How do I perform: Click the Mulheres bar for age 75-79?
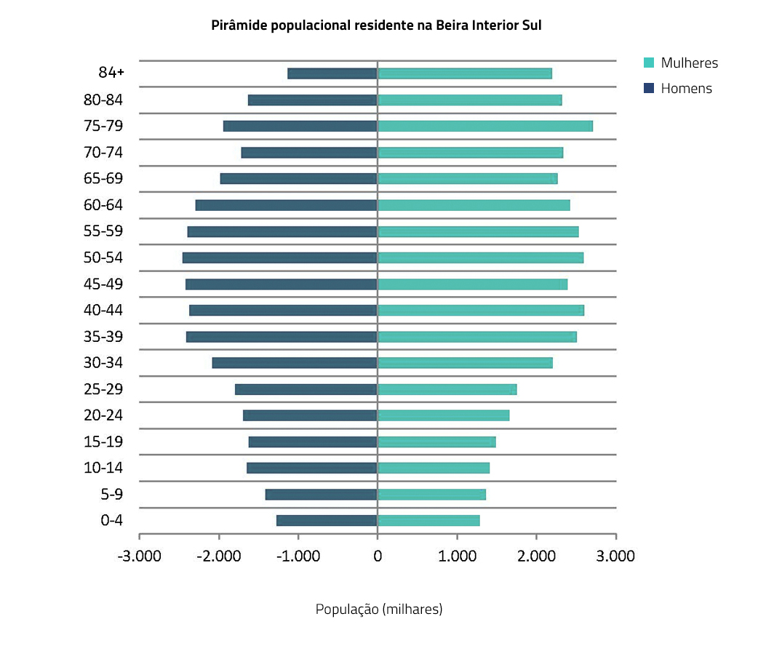point(484,126)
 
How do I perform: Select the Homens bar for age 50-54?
point(280,257)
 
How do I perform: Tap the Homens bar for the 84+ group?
point(332,73)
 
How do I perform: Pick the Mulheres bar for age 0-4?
point(428,520)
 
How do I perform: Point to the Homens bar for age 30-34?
point(295,363)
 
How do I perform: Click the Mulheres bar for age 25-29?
point(447,389)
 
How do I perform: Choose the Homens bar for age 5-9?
point(321,495)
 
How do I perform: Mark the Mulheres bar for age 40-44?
point(480,311)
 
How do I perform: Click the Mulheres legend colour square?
point(650,63)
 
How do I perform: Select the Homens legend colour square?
point(650,89)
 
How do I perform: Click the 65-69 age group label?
point(103,179)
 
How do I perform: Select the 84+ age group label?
point(111,73)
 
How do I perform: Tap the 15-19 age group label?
point(103,442)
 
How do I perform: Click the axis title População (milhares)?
point(378,609)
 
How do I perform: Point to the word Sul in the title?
point(532,25)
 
